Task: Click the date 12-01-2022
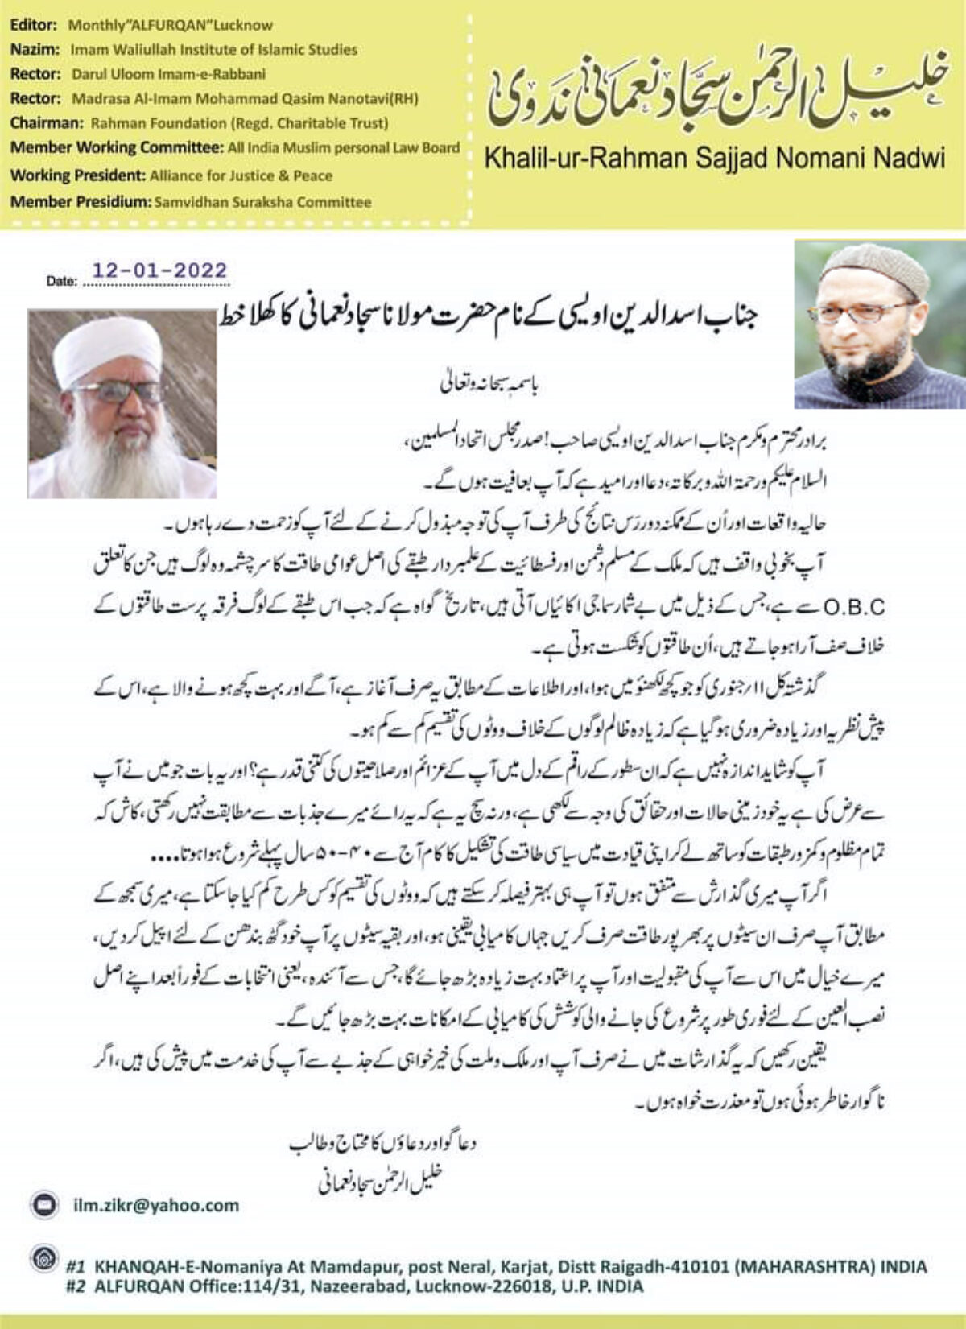[x=159, y=270]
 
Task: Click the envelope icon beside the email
[x=43, y=1205]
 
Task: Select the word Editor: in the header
[x=34, y=25]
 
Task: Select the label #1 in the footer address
[x=76, y=1266]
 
